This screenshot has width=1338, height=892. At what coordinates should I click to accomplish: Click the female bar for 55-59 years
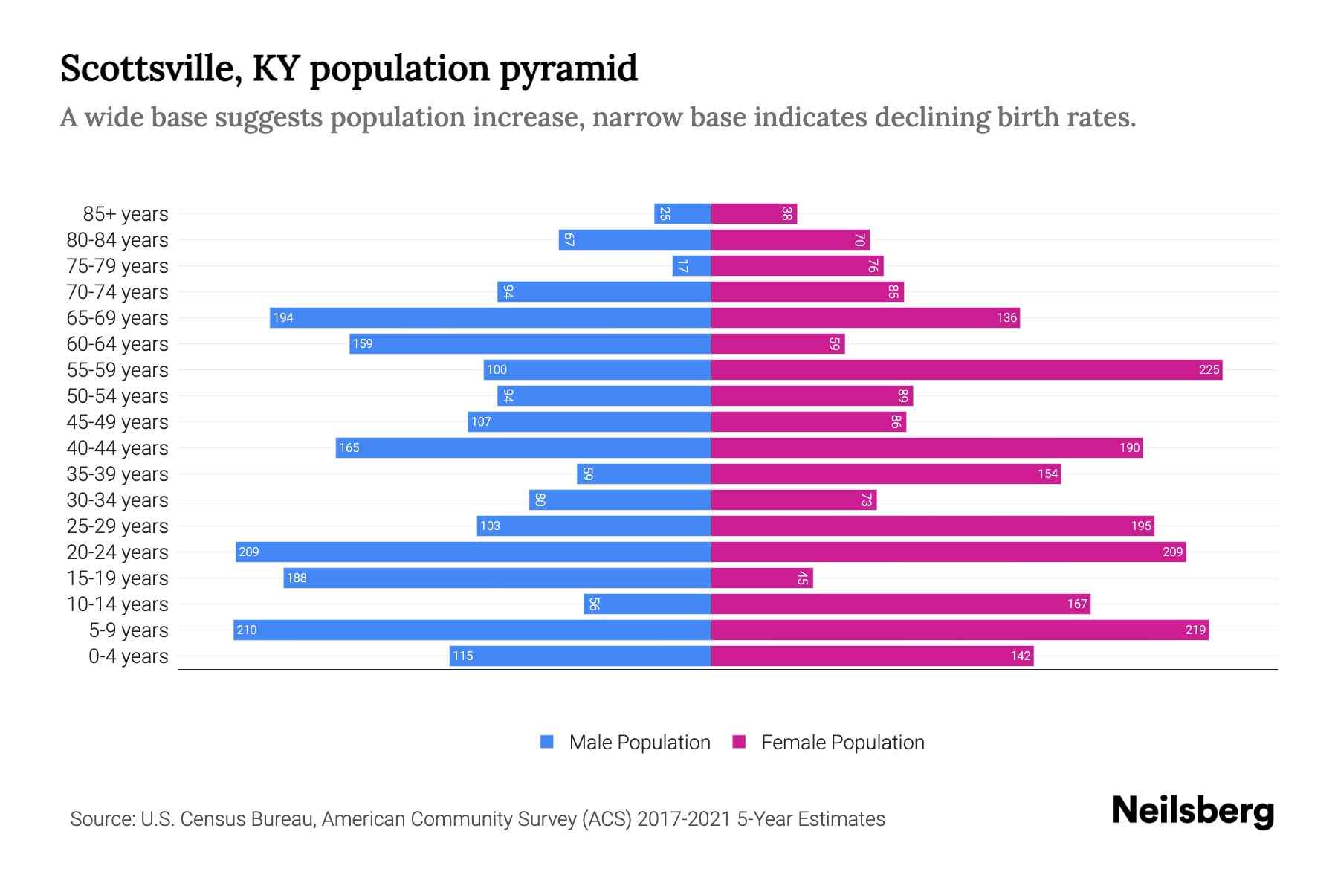(x=966, y=369)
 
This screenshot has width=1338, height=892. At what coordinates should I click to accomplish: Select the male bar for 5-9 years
(x=472, y=630)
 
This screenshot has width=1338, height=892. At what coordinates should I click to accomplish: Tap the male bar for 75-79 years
(x=692, y=265)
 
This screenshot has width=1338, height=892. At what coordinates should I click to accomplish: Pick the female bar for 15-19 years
(x=762, y=578)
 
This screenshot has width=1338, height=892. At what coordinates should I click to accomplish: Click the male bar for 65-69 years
(x=491, y=317)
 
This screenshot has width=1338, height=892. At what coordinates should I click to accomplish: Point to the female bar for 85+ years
(x=754, y=213)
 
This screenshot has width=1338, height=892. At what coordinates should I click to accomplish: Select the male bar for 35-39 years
(x=644, y=474)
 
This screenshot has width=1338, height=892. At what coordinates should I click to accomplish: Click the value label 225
(x=1209, y=369)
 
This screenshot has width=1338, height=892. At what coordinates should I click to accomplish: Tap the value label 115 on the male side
(x=462, y=656)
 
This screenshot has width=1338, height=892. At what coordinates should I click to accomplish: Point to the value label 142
(x=1020, y=656)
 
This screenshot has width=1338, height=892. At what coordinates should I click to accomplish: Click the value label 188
(x=297, y=578)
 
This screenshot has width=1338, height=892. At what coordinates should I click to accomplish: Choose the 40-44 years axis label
(x=117, y=447)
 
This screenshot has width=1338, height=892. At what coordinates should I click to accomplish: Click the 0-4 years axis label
(x=128, y=656)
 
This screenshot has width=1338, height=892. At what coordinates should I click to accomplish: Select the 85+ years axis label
(x=126, y=213)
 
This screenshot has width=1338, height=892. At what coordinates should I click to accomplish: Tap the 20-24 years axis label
(x=117, y=552)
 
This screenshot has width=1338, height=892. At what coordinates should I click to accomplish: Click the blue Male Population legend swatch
(x=547, y=742)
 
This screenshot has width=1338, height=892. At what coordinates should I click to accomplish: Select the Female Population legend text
(x=842, y=742)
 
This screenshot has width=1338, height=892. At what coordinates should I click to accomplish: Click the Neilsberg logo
(x=1192, y=811)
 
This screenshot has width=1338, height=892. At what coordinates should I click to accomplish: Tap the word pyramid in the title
(x=568, y=68)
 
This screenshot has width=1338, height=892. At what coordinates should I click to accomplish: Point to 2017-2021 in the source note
(x=683, y=818)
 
